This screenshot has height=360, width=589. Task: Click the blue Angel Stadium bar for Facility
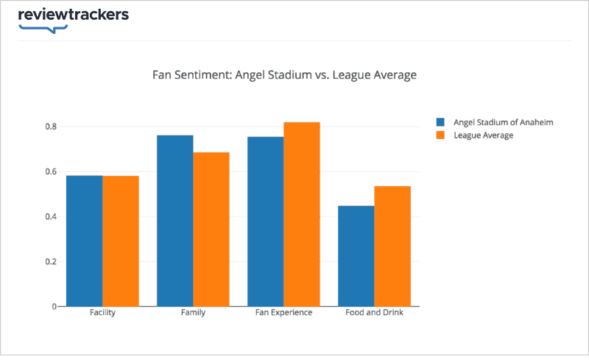[x=85, y=241]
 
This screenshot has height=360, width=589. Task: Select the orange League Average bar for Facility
[x=121, y=241]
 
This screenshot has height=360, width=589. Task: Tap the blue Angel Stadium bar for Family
[x=175, y=221]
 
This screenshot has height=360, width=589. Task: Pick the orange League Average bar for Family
[x=211, y=229]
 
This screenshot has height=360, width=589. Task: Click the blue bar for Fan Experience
[x=266, y=222]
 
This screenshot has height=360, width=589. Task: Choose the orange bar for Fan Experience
[x=302, y=214]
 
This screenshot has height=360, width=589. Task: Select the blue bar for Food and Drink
[x=356, y=255]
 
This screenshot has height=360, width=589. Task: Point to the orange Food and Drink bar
[x=392, y=246]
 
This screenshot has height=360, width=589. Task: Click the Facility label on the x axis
[x=102, y=313]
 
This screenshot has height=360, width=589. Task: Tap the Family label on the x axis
[x=193, y=313]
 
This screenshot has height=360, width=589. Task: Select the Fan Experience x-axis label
[x=283, y=313]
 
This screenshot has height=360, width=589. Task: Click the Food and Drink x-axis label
[x=374, y=313]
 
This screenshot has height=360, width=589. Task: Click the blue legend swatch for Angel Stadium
[x=441, y=122]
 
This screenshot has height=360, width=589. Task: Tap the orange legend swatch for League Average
[x=441, y=135]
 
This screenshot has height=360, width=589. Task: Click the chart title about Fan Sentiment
[x=284, y=75]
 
